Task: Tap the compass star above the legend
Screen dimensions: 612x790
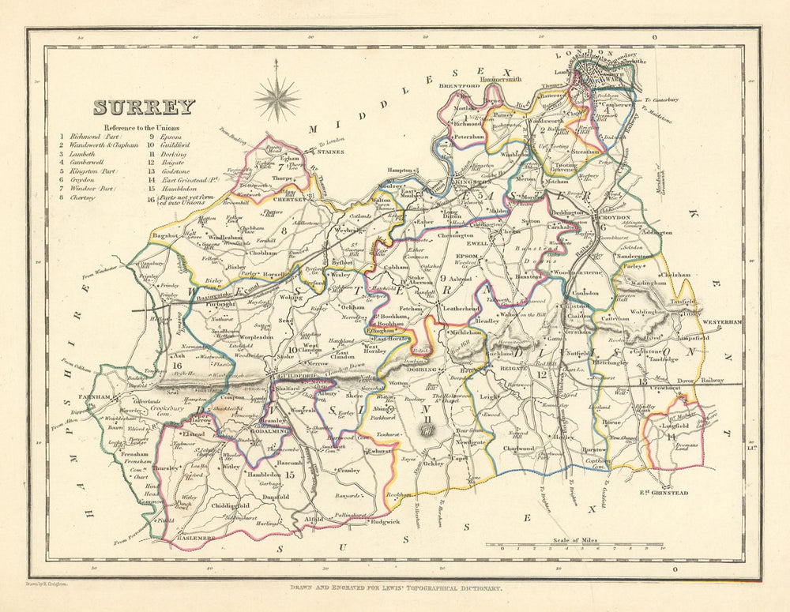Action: click(x=276, y=99)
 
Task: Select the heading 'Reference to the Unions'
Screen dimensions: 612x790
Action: click(x=141, y=127)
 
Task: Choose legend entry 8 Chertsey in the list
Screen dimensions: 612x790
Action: click(x=85, y=198)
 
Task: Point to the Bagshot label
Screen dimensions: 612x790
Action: click(x=165, y=235)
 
